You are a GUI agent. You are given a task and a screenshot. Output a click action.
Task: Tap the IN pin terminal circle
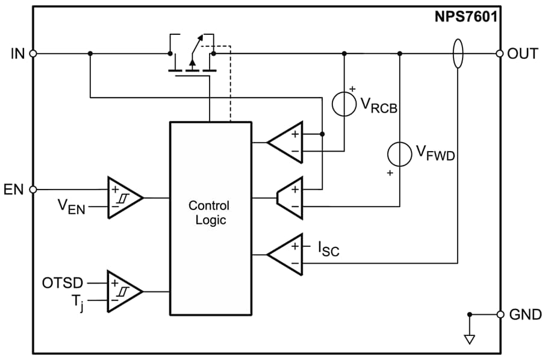(33, 54)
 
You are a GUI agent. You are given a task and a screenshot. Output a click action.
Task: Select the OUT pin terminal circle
(499, 54)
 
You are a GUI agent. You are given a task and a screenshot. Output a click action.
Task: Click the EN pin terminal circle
(33, 189)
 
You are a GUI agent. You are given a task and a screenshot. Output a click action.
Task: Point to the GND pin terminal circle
(499, 314)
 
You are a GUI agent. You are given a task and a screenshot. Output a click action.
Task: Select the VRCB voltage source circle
(344, 104)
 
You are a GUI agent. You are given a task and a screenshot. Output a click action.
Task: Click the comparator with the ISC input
(285, 255)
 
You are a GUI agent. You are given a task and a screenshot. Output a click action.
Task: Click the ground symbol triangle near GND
(470, 340)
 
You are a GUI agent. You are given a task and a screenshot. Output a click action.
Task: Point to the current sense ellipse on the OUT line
(458, 54)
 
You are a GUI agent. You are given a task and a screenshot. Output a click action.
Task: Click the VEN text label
(72, 206)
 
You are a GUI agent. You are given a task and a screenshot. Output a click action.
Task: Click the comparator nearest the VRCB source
(285, 142)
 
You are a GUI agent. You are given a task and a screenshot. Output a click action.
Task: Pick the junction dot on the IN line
(90, 54)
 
